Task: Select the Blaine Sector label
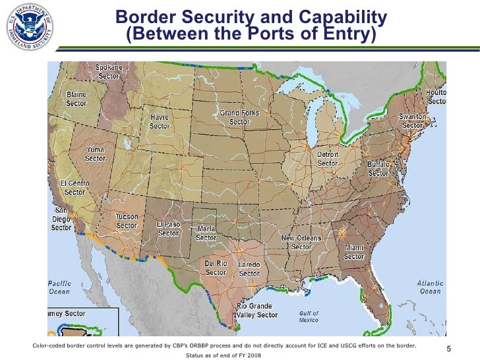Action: pos(76,99)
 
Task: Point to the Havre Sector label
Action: pos(160,122)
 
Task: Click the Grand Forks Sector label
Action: pos(239,118)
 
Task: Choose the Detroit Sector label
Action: pos(328,159)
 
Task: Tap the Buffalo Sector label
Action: pos(378,168)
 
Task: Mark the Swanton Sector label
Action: pos(413,121)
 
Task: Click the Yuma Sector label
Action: pos(95,154)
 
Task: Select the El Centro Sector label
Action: pos(75,188)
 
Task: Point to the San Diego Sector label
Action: pos(62,220)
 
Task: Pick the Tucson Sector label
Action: pos(127,221)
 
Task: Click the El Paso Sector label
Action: pos(168,228)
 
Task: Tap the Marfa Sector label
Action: pos(206,233)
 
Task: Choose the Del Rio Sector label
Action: pos(216,268)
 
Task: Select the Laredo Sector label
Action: pos(249,269)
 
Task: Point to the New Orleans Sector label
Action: pos(301,242)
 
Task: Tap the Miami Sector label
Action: pos(354,253)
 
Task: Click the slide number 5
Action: pos(448,349)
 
